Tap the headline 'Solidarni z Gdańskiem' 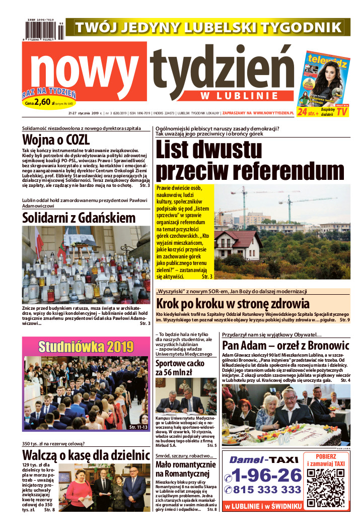tap(79, 217)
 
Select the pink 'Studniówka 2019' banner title tap(86, 347)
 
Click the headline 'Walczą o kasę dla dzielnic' tap(86, 456)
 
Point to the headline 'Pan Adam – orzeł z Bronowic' tap(285, 346)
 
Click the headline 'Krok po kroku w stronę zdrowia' tap(233, 304)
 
